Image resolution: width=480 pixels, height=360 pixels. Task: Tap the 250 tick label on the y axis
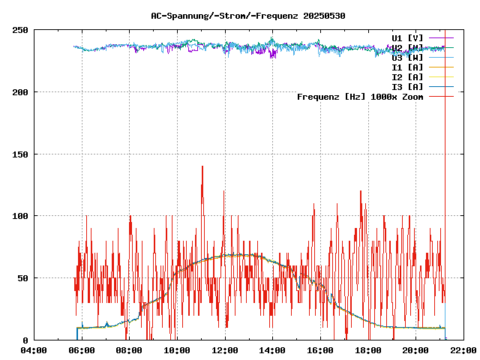point(20,30)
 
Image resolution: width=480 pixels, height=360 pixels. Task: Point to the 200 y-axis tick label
point(20,92)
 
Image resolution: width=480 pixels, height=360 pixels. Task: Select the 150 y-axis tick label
point(20,154)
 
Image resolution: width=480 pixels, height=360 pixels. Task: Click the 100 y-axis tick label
point(20,216)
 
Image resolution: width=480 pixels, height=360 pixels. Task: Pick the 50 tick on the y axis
point(22,278)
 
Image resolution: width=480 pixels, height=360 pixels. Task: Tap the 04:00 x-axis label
point(34,350)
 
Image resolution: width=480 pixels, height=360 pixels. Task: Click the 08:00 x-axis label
point(129,350)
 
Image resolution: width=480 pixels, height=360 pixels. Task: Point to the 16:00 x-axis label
point(320,350)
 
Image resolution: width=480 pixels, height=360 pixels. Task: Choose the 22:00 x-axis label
point(463,350)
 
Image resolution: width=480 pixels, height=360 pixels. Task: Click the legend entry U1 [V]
point(407,37)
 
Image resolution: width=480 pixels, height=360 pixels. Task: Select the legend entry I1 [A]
point(407,67)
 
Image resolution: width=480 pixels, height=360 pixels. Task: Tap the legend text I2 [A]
point(407,76)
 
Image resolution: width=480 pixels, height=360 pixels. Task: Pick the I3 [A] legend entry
point(407,86)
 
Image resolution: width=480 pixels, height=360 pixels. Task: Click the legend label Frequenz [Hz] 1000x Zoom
point(360,96)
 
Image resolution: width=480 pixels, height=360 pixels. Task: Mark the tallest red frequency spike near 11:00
point(202,166)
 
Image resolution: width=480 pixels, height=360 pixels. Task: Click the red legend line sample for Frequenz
point(442,96)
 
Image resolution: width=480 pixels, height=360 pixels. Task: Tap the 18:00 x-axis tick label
point(368,350)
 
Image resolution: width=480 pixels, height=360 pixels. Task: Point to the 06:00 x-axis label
point(82,350)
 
